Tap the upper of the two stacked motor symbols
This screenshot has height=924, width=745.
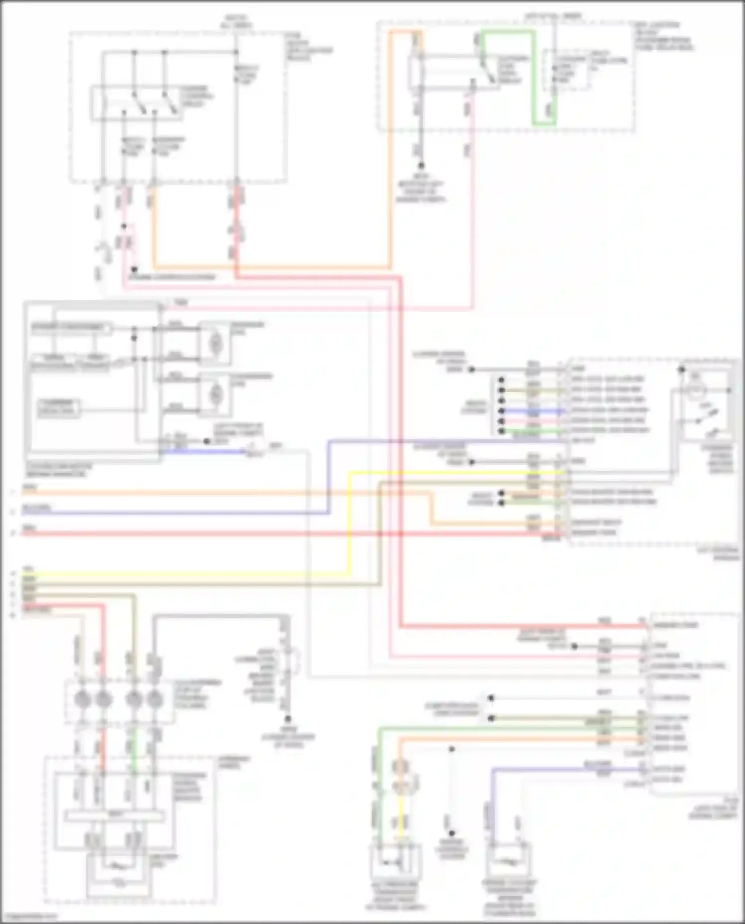click(215, 342)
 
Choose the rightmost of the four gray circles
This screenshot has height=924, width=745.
click(155, 699)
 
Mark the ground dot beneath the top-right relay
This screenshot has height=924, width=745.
click(421, 165)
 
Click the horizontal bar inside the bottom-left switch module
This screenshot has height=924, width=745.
click(115, 816)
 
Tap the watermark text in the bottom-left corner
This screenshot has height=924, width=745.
click(30, 917)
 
